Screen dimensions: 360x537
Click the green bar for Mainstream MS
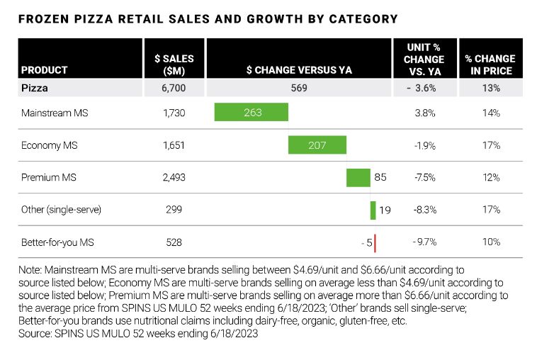(x=251, y=112)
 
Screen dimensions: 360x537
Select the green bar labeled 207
(x=317, y=145)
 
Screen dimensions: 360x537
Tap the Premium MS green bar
(x=358, y=177)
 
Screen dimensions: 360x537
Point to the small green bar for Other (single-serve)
(x=373, y=210)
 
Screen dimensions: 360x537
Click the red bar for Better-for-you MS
(x=375, y=242)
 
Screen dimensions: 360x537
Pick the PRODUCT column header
(x=45, y=70)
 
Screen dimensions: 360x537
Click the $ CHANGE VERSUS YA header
(x=299, y=70)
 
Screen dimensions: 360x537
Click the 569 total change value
(x=299, y=89)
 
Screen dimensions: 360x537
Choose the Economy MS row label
(x=49, y=145)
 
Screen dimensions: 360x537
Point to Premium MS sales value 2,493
(x=174, y=177)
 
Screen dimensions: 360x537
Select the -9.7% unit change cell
(x=424, y=242)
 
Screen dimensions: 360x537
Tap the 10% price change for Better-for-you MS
(x=492, y=242)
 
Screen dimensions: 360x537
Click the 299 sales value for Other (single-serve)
(x=174, y=210)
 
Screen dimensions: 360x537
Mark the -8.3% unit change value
(x=424, y=210)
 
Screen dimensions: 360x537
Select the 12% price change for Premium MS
(x=492, y=177)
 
